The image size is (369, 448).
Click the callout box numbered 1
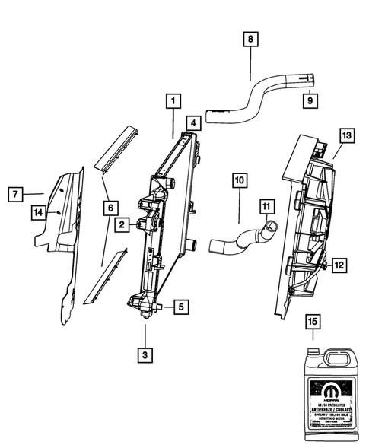[x=174, y=100]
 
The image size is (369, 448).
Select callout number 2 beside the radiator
[x=121, y=224]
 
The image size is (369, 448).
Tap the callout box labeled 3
[x=145, y=354]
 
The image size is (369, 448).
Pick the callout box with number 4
[x=195, y=122]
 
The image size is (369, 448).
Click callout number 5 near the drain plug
[x=180, y=307]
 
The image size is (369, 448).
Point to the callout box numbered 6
[x=110, y=206]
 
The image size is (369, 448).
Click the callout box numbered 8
[x=250, y=37]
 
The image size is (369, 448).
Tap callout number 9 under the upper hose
[x=310, y=99]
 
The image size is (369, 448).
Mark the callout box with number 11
[x=266, y=205]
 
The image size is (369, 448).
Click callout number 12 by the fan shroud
[x=339, y=265]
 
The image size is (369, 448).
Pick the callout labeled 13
[x=346, y=136]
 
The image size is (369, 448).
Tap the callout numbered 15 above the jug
[x=312, y=322]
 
